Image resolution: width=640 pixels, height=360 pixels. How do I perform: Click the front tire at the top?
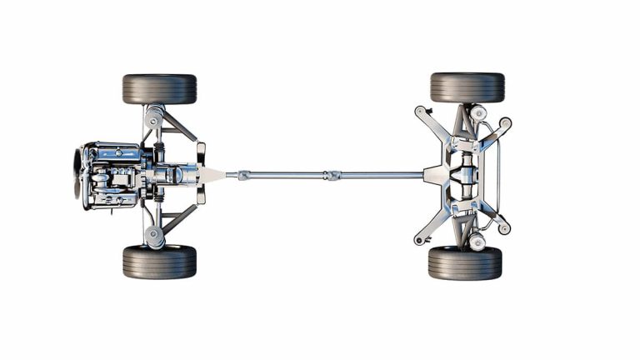point(159,88)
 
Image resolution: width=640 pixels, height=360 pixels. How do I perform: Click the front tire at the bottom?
point(159,262)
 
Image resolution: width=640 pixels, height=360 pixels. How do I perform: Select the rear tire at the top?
point(467,87)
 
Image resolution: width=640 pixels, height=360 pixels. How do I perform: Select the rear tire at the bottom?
point(465,262)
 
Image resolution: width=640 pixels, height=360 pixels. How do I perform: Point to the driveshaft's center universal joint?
point(333,175)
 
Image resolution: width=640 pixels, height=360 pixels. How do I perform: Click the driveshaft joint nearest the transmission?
point(242,175)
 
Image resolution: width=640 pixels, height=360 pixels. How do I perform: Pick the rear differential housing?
point(463,175)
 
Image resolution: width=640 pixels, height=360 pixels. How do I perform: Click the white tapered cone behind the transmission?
point(212,175)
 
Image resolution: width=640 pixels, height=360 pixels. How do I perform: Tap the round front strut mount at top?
point(154,117)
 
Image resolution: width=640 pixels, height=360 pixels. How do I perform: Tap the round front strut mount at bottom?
point(154,234)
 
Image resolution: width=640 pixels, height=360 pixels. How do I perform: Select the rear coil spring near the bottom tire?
point(477,241)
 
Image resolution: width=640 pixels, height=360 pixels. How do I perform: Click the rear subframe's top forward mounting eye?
point(420,110)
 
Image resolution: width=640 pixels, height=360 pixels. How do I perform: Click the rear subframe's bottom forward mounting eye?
point(420,241)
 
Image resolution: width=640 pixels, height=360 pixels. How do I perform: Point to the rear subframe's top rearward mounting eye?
point(505,122)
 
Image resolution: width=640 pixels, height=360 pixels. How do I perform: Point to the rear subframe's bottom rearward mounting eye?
point(504,227)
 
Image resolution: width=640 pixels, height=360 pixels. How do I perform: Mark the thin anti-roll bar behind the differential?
point(498,175)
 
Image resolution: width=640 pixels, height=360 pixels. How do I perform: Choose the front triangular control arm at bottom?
point(177,221)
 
